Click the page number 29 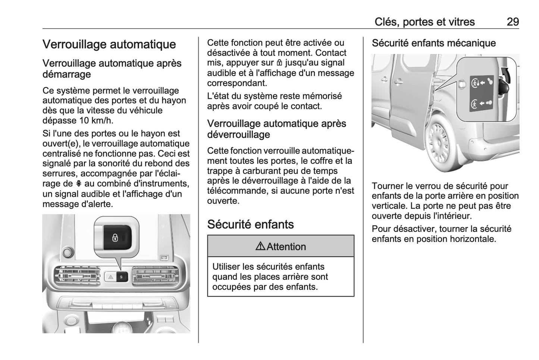(513, 22)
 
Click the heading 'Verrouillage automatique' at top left (109, 44)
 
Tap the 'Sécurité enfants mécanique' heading (433, 43)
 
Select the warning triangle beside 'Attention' (260, 246)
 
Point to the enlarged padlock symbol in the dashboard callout (115, 237)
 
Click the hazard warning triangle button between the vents (111, 277)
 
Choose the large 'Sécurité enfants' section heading (250, 224)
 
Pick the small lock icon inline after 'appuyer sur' (279, 63)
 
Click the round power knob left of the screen (68, 252)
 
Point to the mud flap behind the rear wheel (466, 155)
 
